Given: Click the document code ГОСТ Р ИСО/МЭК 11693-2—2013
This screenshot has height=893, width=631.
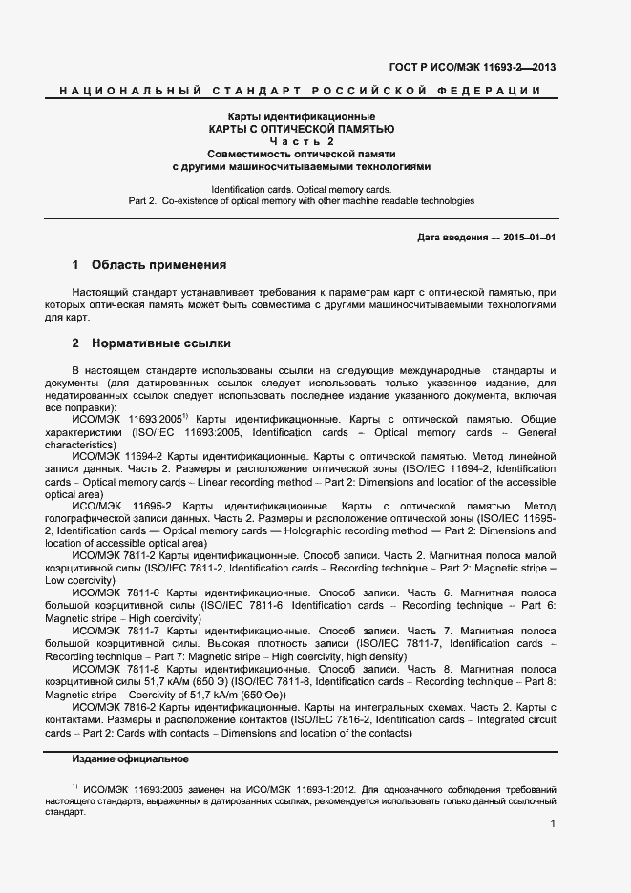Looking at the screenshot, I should click(473, 67).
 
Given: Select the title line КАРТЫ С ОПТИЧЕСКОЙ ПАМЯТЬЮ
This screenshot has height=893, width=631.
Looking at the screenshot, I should click(301, 128).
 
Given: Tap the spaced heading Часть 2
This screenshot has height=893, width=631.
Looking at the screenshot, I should click(301, 141).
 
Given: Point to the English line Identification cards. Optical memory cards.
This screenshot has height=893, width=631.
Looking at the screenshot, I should click(301, 190).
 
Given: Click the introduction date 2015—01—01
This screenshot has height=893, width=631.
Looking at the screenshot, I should click(529, 237).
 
